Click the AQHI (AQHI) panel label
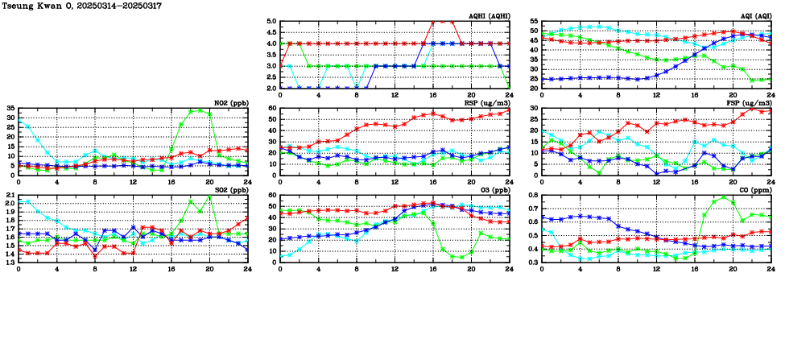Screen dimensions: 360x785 [489, 15]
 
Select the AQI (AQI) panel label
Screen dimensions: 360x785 [754, 15]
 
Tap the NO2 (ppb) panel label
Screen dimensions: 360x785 [230, 102]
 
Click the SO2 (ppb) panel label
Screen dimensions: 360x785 [230, 189]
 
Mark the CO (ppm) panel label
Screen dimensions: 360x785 [757, 189]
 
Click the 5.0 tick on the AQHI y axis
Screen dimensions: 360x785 [272, 22]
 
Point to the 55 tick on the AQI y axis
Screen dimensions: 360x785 [535, 22]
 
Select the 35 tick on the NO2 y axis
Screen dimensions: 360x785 [10, 108]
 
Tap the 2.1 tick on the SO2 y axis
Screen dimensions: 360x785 [10, 196]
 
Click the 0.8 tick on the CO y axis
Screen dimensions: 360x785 [533, 196]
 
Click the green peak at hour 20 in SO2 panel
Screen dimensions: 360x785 [209, 197]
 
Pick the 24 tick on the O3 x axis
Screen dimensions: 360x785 [509, 269]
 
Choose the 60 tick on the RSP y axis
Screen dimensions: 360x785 [272, 108]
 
